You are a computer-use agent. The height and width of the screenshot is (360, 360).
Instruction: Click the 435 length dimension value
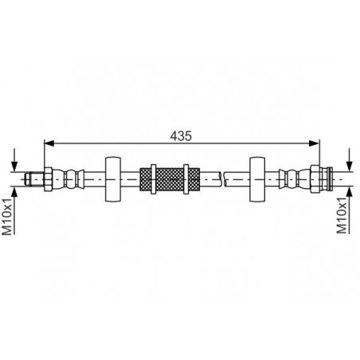[x=181, y=136]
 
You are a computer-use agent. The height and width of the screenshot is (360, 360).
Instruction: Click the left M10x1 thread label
[x=7, y=217]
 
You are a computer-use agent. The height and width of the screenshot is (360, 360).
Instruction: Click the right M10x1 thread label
[x=342, y=215]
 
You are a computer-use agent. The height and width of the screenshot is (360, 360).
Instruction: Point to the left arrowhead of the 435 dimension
[x=49, y=143]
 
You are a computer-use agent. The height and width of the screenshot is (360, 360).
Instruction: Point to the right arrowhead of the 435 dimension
[x=315, y=143]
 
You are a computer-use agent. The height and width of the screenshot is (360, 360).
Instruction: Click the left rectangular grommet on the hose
[x=113, y=179]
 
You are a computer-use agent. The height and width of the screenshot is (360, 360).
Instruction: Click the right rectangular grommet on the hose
[x=257, y=179]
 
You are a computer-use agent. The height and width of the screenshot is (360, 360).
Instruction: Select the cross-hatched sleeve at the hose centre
[x=170, y=179]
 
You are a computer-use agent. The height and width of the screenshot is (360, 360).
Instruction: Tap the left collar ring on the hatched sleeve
[x=154, y=179]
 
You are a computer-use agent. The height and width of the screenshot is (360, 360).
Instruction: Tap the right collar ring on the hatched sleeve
[x=186, y=179]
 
